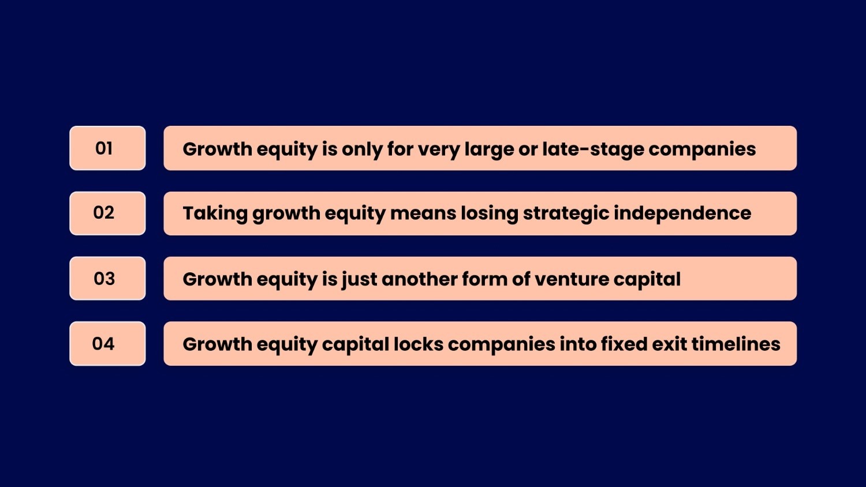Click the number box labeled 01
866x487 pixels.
point(107,148)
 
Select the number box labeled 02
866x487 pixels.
point(107,213)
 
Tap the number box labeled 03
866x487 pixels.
point(107,279)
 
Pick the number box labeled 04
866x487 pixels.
point(107,344)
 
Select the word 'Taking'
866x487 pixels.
point(215,213)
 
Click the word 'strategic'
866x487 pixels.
point(566,213)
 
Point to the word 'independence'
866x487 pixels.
point(682,213)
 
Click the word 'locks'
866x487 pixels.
point(418,344)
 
